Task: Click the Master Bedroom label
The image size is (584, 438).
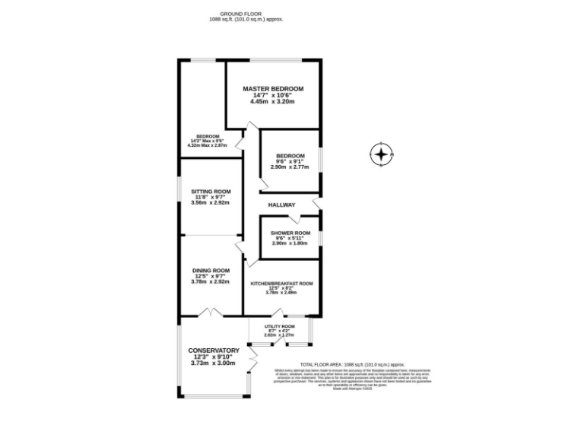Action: tap(273, 89)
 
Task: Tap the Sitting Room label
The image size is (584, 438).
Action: tap(211, 192)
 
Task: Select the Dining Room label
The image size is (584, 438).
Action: tap(211, 271)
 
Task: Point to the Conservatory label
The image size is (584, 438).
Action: tap(214, 351)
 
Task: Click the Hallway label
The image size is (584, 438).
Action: tap(281, 205)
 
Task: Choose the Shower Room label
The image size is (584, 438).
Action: tap(290, 233)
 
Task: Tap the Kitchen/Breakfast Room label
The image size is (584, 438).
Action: tap(281, 284)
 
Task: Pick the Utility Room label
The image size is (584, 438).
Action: tap(279, 326)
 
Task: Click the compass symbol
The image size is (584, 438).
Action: tap(380, 155)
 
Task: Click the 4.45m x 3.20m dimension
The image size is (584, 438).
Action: tap(273, 102)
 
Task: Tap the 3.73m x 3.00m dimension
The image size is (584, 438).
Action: tap(214, 363)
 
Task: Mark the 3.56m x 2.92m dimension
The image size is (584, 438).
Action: tap(211, 203)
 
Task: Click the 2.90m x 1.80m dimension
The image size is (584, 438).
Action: tap(290, 243)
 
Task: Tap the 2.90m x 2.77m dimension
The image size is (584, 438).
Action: tap(290, 167)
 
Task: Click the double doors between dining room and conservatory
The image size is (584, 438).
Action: tap(210, 312)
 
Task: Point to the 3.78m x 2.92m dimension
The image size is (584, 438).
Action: tap(211, 282)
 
